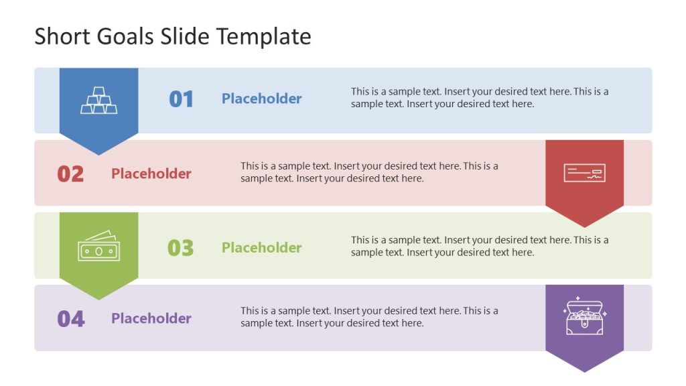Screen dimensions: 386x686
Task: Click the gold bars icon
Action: pyautogui.click(x=99, y=100)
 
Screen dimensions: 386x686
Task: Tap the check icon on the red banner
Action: pyautogui.click(x=584, y=173)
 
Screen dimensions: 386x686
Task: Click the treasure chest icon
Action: pyautogui.click(x=584, y=318)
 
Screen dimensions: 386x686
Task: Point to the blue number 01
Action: pyautogui.click(x=181, y=99)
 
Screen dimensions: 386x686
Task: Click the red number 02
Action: pyautogui.click(x=70, y=174)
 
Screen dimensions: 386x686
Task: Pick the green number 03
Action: pyautogui.click(x=181, y=248)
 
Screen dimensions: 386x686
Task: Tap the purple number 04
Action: pyautogui.click(x=71, y=319)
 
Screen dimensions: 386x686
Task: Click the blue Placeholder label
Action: pyautogui.click(x=262, y=99)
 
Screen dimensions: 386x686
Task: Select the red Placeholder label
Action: pyautogui.click(x=151, y=174)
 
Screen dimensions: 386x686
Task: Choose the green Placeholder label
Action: pyautogui.click(x=262, y=247)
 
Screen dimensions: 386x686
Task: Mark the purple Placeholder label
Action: pyautogui.click(x=151, y=318)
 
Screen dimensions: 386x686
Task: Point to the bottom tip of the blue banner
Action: pyautogui.click(x=99, y=153)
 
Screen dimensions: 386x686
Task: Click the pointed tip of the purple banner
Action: pyautogui.click(x=584, y=371)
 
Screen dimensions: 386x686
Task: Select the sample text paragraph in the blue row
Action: pyautogui.click(x=480, y=98)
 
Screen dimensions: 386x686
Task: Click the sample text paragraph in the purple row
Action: pyautogui.click(x=369, y=317)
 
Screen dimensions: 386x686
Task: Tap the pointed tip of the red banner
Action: pyautogui.click(x=584, y=226)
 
